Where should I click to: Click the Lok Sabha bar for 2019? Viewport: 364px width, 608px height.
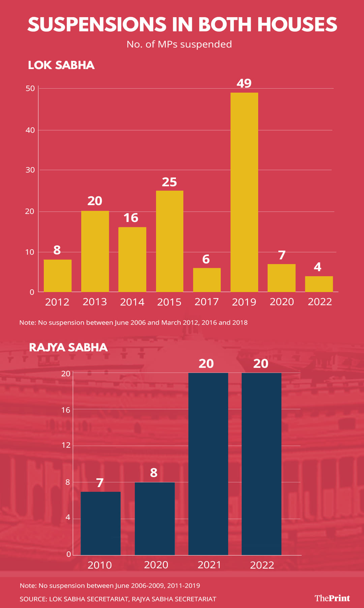coord(244,192)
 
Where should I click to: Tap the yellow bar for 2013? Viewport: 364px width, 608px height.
coord(95,251)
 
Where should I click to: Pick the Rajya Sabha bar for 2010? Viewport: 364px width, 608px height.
coord(100,523)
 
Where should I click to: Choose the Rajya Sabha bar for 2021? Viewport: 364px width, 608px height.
coord(208,463)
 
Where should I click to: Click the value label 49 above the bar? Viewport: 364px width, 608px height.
coord(244,83)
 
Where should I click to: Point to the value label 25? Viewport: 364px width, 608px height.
coord(169,182)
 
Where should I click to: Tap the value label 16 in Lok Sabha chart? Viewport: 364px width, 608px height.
coord(131,218)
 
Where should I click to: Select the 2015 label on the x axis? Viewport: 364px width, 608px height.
coord(169,302)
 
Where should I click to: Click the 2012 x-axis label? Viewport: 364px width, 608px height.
coord(57,302)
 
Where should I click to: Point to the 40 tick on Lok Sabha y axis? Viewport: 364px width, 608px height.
coord(30,130)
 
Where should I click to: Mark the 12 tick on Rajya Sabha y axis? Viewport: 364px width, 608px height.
coord(66,445)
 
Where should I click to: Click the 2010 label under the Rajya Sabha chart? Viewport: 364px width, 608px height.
coord(100,565)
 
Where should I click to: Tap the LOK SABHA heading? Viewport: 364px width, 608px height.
coord(61,65)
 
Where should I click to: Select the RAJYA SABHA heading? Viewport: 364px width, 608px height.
coord(68,347)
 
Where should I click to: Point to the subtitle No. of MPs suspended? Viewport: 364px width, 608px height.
coord(179,44)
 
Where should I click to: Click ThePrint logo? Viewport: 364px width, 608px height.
coord(332,598)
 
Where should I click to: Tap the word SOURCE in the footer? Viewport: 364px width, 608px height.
coord(33,599)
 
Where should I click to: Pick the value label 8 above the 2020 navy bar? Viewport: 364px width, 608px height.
coord(154,473)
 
